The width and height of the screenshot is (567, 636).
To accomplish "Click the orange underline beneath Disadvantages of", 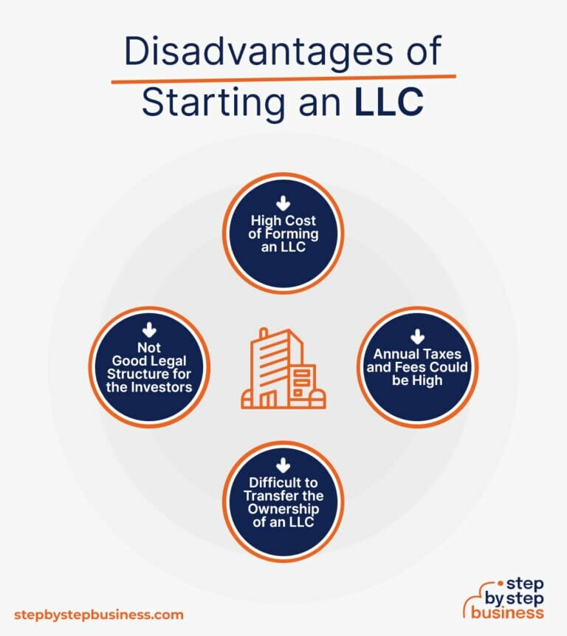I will point(283,78).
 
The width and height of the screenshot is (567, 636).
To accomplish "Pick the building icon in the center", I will point(283,368).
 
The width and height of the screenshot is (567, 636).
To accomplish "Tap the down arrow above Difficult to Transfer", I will point(283,465).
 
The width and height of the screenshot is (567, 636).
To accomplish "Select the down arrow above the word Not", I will point(149,330).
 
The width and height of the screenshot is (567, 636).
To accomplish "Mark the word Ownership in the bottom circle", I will point(283,509).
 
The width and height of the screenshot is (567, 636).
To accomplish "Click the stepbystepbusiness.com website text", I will point(99,615).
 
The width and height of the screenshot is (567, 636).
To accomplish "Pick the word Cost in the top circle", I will point(300,220).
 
